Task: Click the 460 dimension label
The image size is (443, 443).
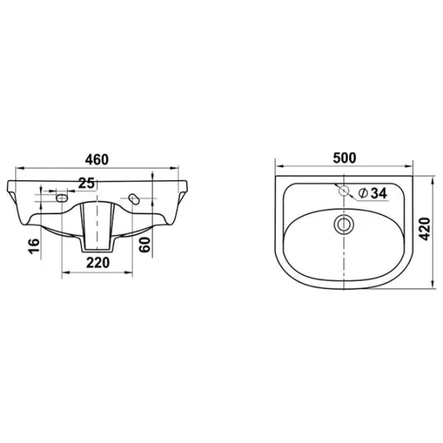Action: click(x=97, y=159)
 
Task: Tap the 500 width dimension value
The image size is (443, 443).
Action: click(x=344, y=158)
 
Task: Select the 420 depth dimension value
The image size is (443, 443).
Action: click(x=425, y=229)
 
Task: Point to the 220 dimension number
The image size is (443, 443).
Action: click(x=97, y=263)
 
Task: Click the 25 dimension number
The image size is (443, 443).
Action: click(x=86, y=183)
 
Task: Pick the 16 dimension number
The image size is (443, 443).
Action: click(x=34, y=246)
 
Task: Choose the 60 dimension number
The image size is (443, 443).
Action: click(x=145, y=244)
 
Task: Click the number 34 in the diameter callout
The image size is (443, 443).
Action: click(x=378, y=193)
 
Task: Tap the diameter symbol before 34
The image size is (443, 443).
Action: click(x=363, y=193)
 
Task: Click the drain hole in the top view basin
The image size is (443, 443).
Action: click(x=343, y=224)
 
